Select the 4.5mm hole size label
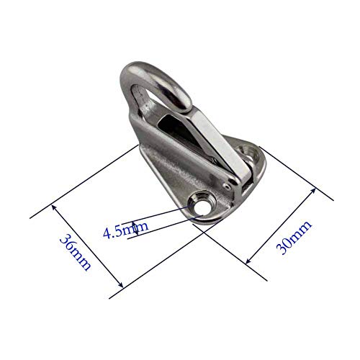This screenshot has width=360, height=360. tap(125, 231)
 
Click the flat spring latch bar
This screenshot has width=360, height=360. tap(216, 137)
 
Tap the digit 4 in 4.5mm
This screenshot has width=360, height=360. tap(107, 232)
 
